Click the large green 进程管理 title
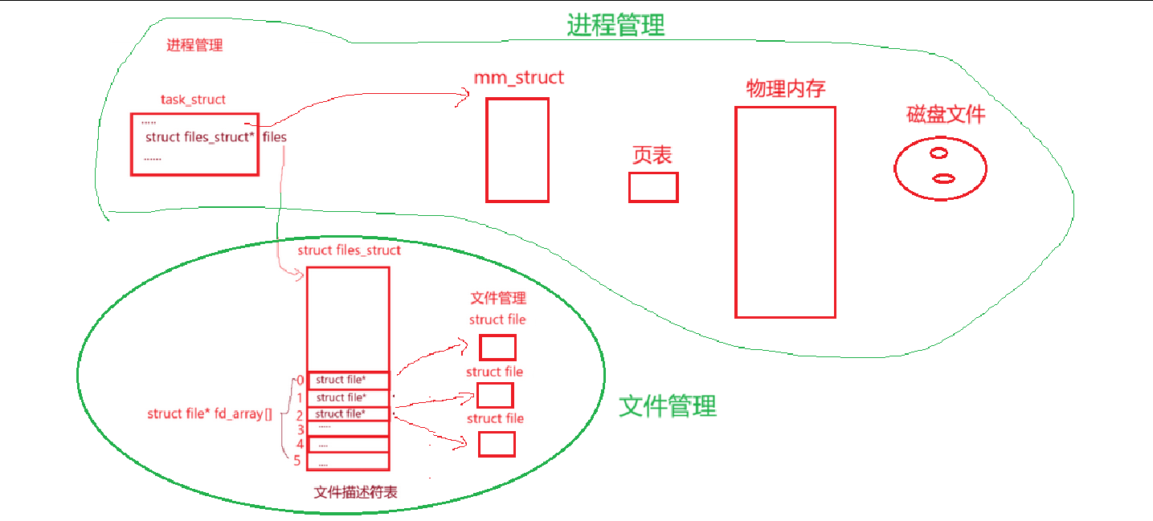tap(615, 25)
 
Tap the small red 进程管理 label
tap(194, 45)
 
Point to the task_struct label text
tap(193, 100)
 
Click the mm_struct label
tap(519, 78)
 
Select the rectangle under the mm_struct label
tap(517, 149)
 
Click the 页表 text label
tap(652, 155)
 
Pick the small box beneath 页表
tap(653, 187)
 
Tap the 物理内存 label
tap(785, 88)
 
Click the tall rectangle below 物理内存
tap(785, 212)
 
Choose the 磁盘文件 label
tap(945, 115)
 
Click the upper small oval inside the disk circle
tap(938, 153)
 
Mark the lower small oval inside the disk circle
tap(944, 178)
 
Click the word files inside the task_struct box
tap(275, 137)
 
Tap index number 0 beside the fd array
tap(300, 380)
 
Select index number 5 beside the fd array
tap(297, 461)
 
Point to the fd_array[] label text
tap(210, 414)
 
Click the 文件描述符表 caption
tap(355, 492)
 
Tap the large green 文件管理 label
tap(667, 406)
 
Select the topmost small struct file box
tap(497, 348)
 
